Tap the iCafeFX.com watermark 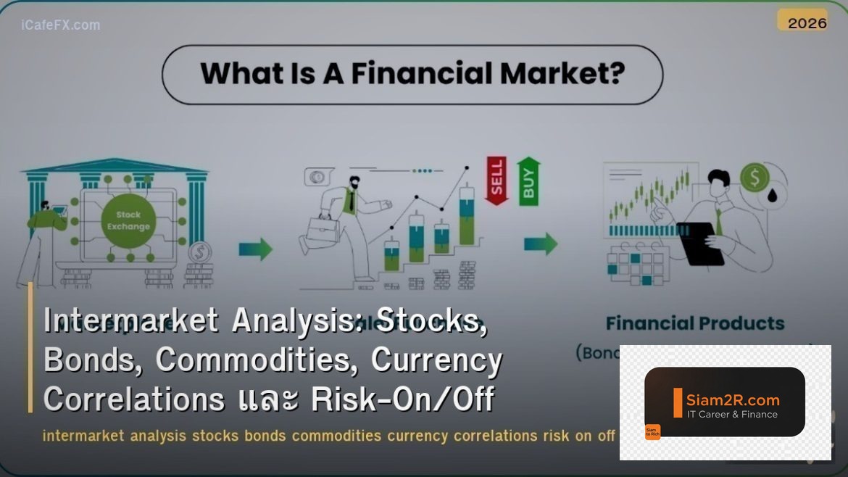pyautogui.click(x=61, y=25)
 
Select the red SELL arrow pyautogui.click(x=496, y=180)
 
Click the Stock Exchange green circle pyautogui.click(x=128, y=220)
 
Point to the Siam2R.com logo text pyautogui.click(x=733, y=399)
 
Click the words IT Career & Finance pyautogui.click(x=732, y=415)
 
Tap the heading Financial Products pyautogui.click(x=694, y=323)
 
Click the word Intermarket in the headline pyautogui.click(x=131, y=320)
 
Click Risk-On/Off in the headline pyautogui.click(x=402, y=399)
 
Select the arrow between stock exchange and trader pyautogui.click(x=256, y=249)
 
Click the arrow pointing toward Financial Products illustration pyautogui.click(x=541, y=244)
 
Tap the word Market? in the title pyautogui.click(x=568, y=74)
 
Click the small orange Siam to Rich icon pyautogui.click(x=652, y=432)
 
